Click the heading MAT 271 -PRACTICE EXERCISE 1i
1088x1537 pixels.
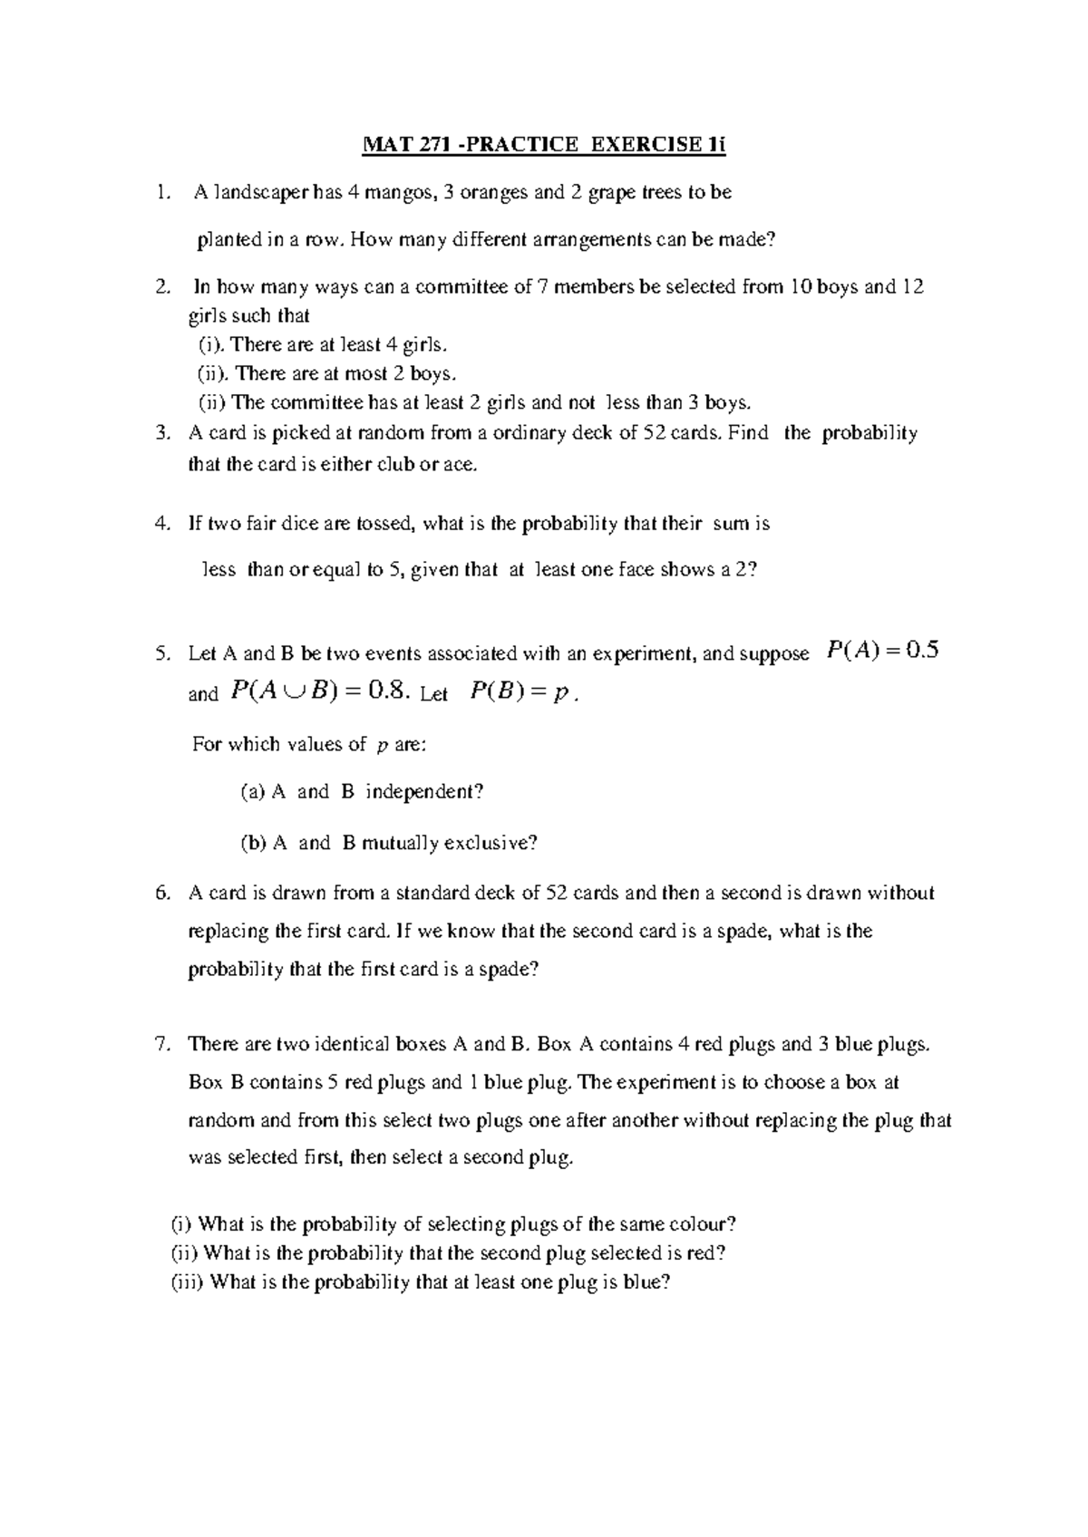click(x=544, y=146)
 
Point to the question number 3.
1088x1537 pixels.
click(x=162, y=433)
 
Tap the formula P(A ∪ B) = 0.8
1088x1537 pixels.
click(x=323, y=692)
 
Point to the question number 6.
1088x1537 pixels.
click(x=162, y=894)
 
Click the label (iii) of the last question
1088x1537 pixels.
click(x=189, y=1282)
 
